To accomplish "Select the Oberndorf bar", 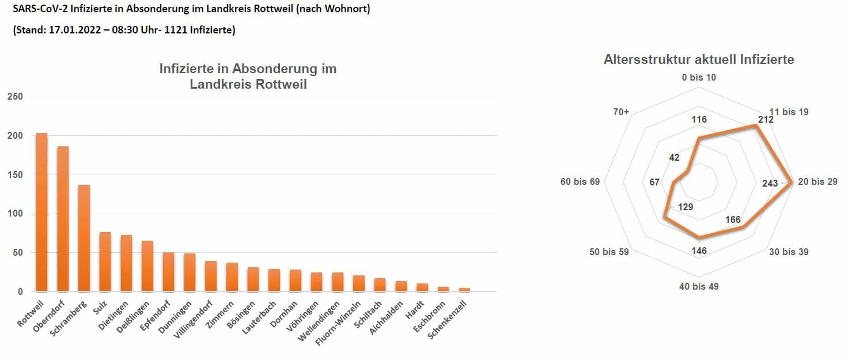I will (63, 219).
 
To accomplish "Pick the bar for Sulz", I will (105, 262).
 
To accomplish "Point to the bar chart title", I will (248, 77).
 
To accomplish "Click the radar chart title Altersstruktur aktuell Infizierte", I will (699, 59).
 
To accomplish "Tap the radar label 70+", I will (621, 112).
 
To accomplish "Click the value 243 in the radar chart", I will (770, 183).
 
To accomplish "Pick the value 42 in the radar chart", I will (674, 158).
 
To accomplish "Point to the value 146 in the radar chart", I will (699, 250).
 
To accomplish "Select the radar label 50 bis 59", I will (609, 252).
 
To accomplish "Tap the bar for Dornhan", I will (296, 280).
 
